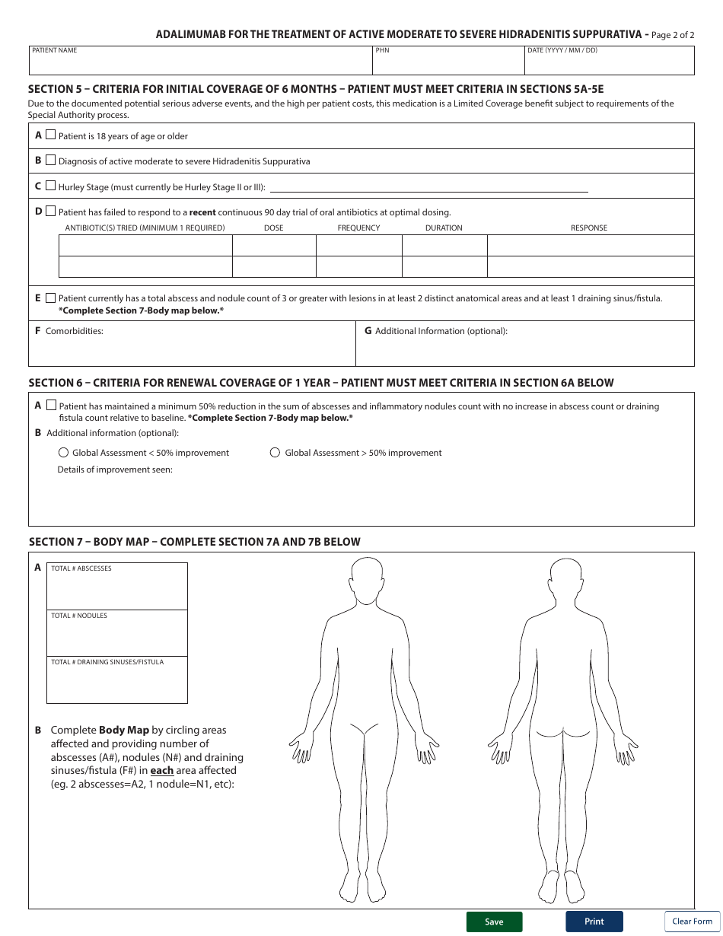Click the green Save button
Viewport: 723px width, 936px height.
[x=494, y=922]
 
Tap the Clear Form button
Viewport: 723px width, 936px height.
[x=692, y=921]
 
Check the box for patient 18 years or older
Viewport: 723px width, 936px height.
[x=51, y=135]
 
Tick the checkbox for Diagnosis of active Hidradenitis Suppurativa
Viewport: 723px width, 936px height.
[x=51, y=161]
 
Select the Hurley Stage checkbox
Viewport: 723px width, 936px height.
[x=51, y=186]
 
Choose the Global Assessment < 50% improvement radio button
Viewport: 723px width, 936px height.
[x=63, y=453]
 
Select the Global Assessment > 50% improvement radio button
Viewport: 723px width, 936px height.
[x=276, y=453]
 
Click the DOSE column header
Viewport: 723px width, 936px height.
[x=273, y=228]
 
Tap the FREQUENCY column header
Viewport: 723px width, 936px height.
[x=358, y=228]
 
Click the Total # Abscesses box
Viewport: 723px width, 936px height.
[x=117, y=591]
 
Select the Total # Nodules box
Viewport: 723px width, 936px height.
[x=117, y=637]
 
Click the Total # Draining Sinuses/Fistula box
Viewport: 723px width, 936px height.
[x=117, y=683]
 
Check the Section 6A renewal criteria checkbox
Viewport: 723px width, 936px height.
[x=51, y=406]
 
